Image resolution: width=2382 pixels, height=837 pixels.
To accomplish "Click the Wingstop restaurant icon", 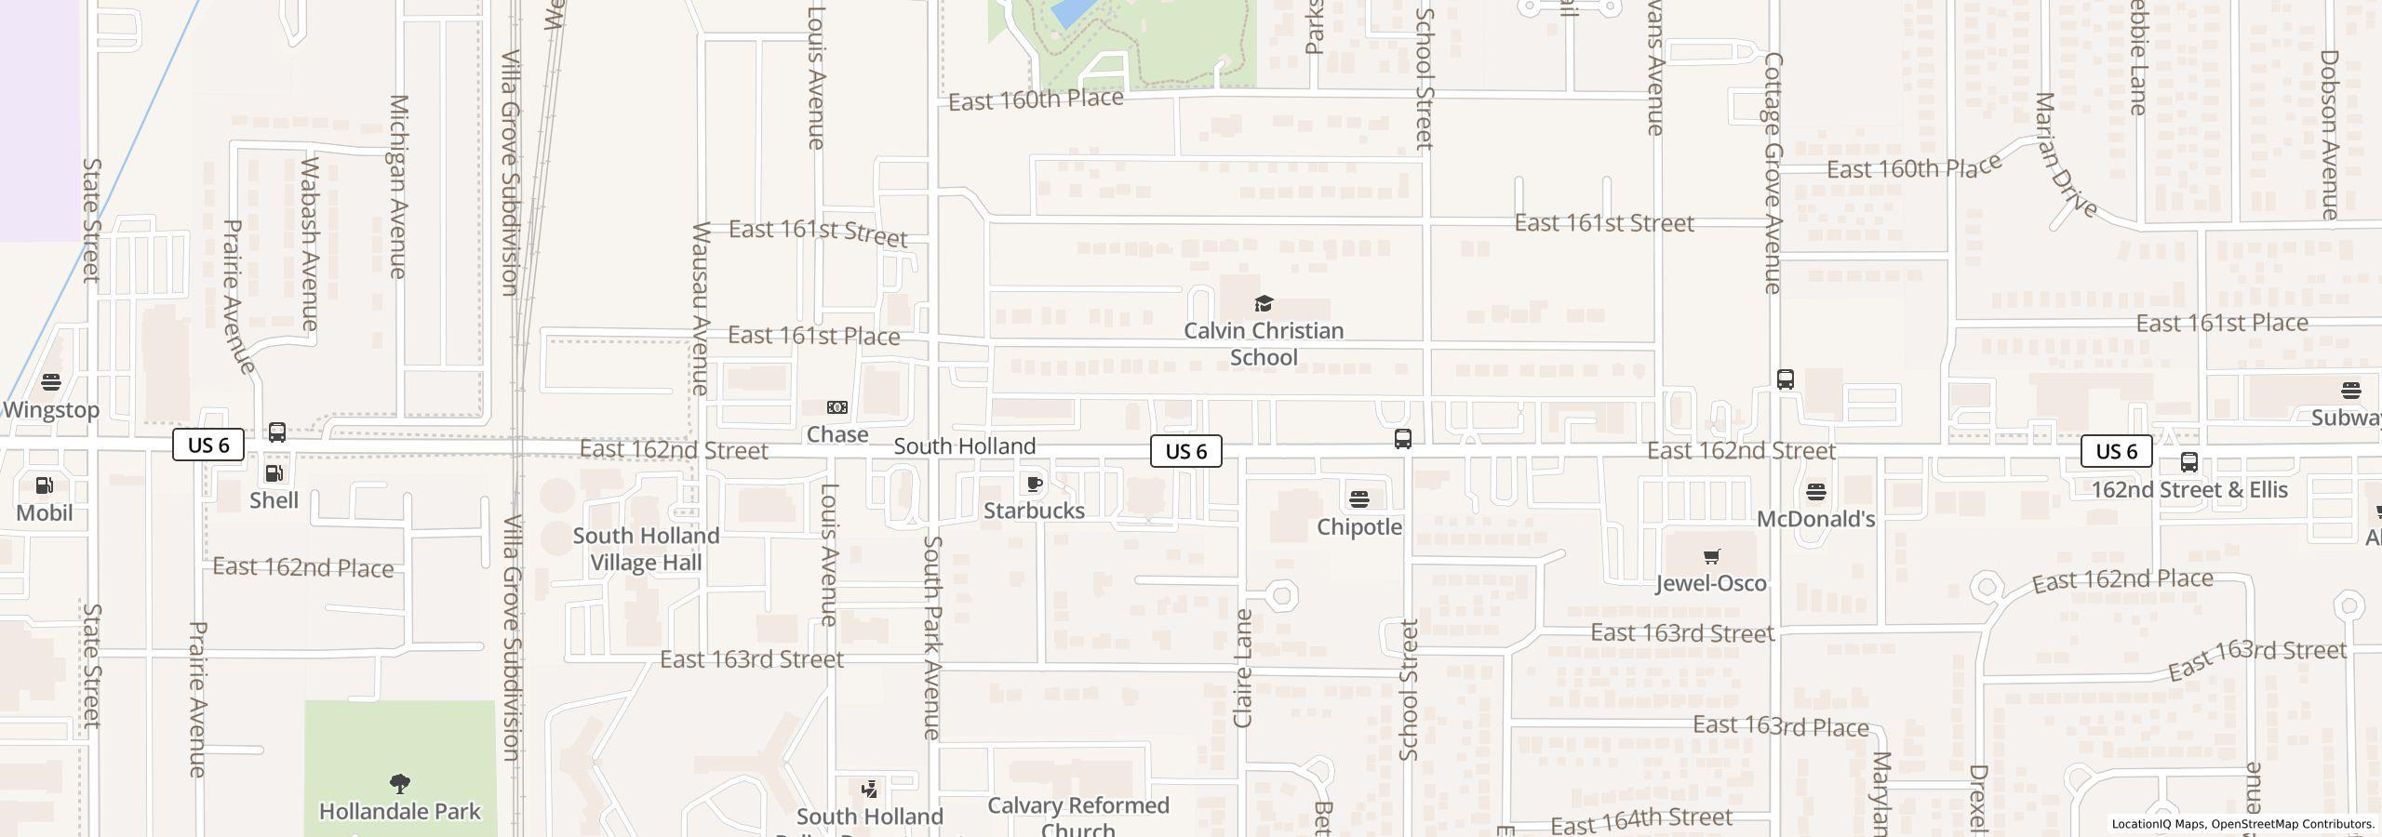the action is [51, 382].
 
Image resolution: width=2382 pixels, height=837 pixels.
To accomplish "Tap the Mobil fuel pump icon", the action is [44, 485].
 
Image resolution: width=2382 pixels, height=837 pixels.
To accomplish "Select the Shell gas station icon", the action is [274, 474].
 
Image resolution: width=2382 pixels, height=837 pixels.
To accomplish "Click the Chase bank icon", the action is [837, 407].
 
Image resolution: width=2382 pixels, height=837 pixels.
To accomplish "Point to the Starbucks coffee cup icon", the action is [1034, 484].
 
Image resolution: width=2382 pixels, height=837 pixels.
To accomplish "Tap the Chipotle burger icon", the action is [1358, 500].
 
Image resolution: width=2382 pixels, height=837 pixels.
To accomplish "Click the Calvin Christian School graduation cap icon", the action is [1263, 303].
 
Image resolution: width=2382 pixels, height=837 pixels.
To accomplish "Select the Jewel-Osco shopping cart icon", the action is [1710, 557].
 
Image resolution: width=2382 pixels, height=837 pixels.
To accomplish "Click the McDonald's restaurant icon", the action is [1815, 492].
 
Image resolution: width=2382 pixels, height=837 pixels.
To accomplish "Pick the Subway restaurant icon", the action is [2350, 391].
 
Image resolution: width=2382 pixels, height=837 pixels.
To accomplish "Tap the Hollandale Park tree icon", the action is [400, 784].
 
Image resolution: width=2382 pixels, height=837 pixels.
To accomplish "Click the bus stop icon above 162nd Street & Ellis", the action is [2188, 462].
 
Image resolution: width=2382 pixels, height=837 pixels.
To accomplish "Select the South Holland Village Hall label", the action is [646, 549].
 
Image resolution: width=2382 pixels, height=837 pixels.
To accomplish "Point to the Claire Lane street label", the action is [1243, 668].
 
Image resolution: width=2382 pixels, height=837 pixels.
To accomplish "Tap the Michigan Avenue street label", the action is [398, 186].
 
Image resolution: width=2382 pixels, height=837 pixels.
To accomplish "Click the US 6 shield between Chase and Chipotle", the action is [1185, 451].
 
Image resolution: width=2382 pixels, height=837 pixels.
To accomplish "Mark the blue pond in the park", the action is [1071, 12].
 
